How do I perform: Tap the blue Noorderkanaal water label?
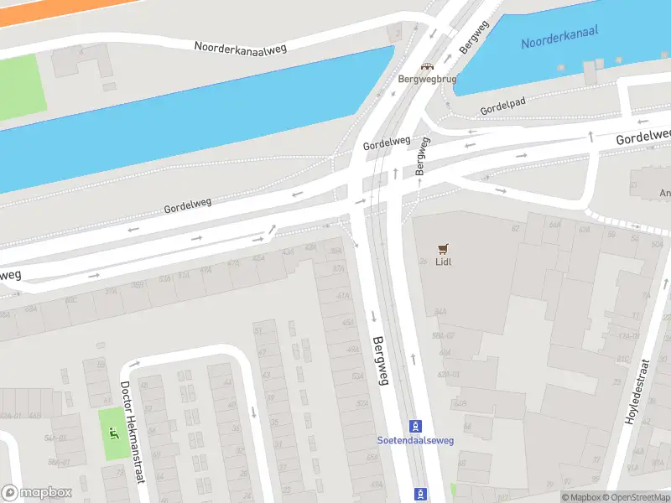(x=559, y=35)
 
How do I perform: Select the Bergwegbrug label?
(x=427, y=79)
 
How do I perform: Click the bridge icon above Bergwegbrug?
(x=427, y=66)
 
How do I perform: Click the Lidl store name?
(x=444, y=262)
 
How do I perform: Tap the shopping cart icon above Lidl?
(x=444, y=248)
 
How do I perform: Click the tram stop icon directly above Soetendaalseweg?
(x=414, y=426)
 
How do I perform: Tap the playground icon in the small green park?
(x=113, y=433)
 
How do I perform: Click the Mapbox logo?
(x=36, y=493)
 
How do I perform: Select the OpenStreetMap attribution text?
(x=637, y=497)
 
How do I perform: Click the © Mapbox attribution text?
(x=581, y=497)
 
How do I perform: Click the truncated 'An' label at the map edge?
(x=664, y=194)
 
